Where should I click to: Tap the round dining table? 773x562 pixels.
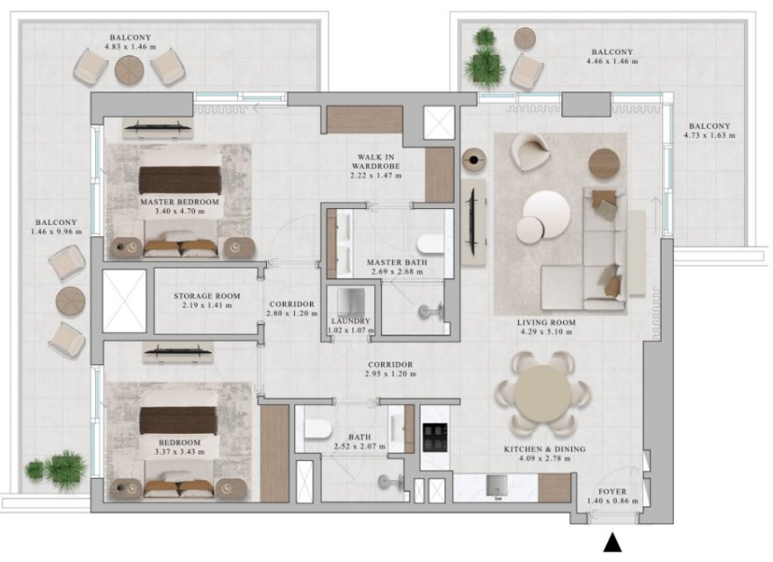(542, 393)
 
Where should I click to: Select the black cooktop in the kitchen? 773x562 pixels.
(435, 437)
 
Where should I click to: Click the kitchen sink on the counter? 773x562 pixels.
(496, 486)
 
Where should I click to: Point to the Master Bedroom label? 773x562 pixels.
(179, 202)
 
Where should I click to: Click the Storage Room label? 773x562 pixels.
(206, 296)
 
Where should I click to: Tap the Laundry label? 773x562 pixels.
(350, 321)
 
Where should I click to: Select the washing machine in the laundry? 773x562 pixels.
(350, 302)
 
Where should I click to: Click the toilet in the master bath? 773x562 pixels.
(430, 244)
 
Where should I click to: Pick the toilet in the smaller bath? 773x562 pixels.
(317, 429)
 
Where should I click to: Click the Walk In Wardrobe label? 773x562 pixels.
(376, 162)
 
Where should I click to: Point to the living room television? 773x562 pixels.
(473, 221)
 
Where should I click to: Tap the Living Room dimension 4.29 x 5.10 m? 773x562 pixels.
(546, 332)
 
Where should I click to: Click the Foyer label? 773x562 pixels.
(612, 492)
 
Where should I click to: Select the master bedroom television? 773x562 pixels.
(158, 126)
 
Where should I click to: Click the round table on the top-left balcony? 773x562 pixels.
(129, 70)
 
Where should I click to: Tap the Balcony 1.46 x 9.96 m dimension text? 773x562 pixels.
(56, 231)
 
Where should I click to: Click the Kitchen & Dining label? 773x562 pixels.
(545, 449)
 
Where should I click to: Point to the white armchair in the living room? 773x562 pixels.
(531, 151)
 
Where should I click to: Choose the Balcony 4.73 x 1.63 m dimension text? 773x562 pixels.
(710, 135)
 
